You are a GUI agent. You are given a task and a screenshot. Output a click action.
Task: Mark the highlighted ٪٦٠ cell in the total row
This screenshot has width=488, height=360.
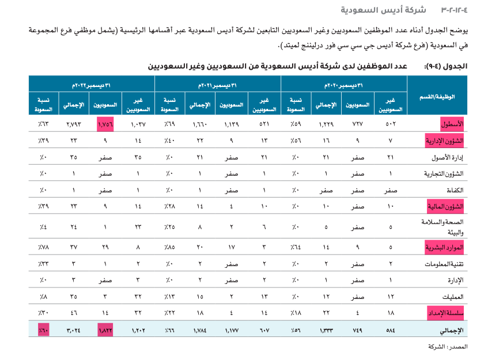click(x=44, y=331)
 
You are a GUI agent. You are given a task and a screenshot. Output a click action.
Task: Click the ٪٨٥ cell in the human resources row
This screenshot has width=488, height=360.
click(x=170, y=248)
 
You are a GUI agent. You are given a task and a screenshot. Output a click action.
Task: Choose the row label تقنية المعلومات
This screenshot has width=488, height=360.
click(x=447, y=264)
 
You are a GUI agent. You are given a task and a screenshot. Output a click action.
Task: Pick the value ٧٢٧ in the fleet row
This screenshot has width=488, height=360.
click(x=359, y=124)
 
